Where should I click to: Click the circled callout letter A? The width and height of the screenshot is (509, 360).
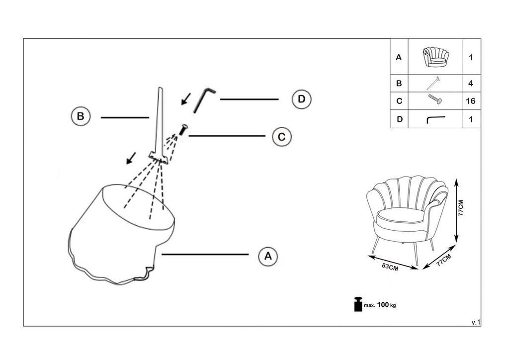pos(268,256)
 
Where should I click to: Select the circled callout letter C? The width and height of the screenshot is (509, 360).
pos(282,137)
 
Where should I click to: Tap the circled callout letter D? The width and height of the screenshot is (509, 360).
pos(301,99)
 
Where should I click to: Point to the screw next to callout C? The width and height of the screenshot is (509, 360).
pos(183,130)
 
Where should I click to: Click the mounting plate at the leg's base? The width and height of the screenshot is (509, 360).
pos(160,158)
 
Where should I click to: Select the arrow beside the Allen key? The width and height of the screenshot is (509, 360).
pos(185,99)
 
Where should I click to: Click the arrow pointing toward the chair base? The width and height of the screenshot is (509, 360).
pos(131,159)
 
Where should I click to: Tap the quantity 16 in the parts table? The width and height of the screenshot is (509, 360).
pos(471,101)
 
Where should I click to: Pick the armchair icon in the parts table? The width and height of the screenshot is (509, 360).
pos(435,57)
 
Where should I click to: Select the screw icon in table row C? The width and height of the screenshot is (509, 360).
pos(435,101)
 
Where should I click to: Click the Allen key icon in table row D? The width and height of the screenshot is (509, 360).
pos(436,119)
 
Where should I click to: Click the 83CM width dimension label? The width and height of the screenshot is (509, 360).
pos(390,266)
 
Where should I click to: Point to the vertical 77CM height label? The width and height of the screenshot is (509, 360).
pos(461,209)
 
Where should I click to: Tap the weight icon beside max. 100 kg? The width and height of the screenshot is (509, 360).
pos(357,304)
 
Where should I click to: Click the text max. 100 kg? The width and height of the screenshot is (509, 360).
pos(381,305)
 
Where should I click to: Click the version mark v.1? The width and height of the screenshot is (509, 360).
pos(476,322)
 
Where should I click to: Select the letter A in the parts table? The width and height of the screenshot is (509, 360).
pos(399,57)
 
